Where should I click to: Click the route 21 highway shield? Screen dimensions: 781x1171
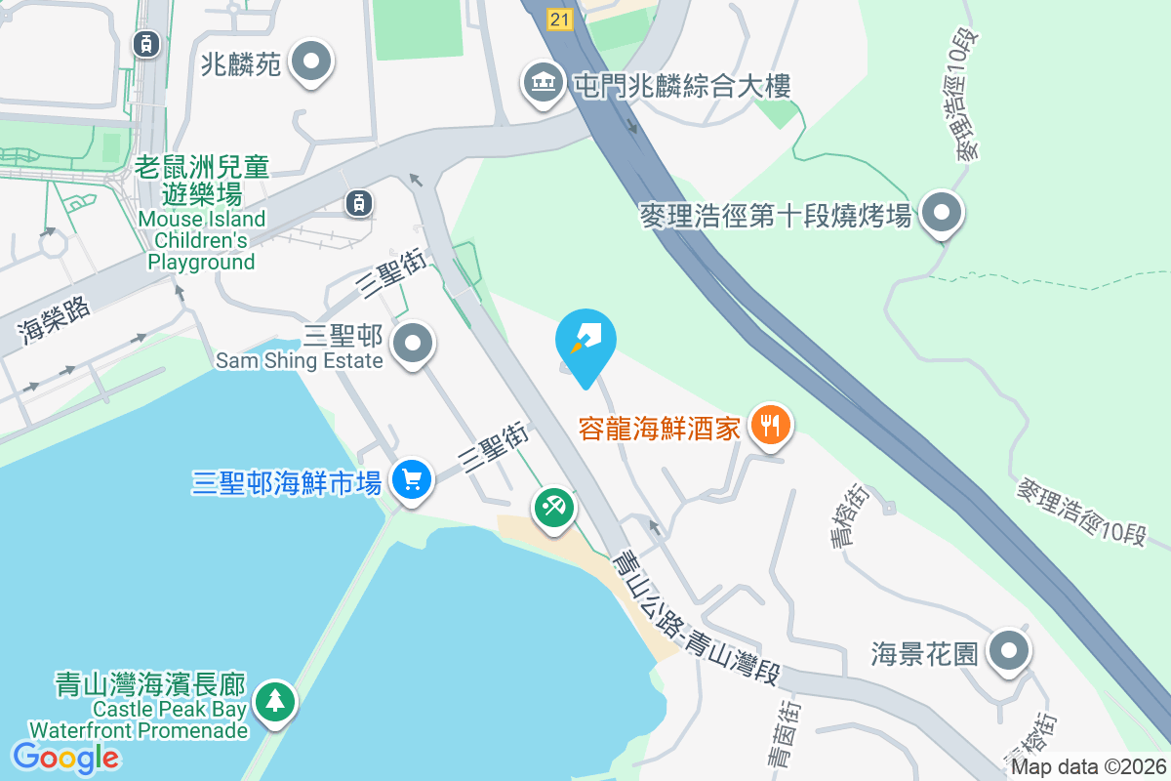coord(559,19)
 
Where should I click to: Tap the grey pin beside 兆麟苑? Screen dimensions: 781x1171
coord(312,62)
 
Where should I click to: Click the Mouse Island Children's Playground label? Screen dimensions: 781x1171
coord(203,215)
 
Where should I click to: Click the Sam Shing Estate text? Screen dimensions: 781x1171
coord(300,360)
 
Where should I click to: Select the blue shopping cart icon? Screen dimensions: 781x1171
coord(412,480)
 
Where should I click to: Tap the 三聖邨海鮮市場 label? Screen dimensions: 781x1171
coord(287,482)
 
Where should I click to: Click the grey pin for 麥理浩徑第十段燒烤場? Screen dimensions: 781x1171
coord(942,212)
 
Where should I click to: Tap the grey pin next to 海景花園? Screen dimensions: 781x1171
coord(1009,650)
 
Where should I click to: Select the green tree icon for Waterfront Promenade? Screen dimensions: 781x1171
coord(275,700)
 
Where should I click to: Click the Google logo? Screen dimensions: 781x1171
coord(65,757)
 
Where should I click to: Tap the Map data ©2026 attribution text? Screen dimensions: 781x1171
coord(1087,767)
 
